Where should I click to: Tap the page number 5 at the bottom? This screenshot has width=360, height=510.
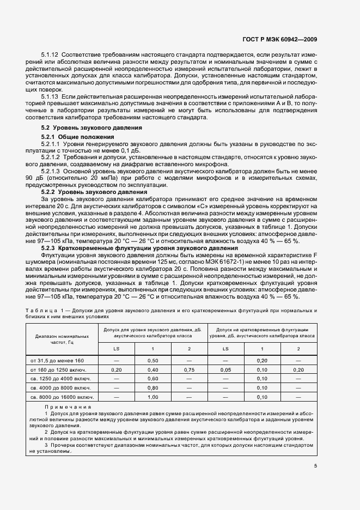(316, 465)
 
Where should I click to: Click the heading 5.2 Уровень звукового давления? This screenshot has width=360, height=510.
(84, 127)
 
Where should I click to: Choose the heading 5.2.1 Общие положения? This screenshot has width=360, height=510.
(78, 136)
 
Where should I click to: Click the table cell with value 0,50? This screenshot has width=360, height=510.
(153, 361)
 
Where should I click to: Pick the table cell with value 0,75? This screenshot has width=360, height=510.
(189, 370)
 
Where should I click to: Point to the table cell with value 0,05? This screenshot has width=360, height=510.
(225, 370)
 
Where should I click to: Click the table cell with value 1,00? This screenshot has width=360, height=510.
(153, 397)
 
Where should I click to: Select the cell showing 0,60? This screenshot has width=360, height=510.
(153, 379)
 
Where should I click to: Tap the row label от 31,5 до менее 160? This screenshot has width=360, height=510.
(57, 361)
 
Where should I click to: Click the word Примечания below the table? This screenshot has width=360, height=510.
(68, 407)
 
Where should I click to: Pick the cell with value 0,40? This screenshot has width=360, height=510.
(153, 370)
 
